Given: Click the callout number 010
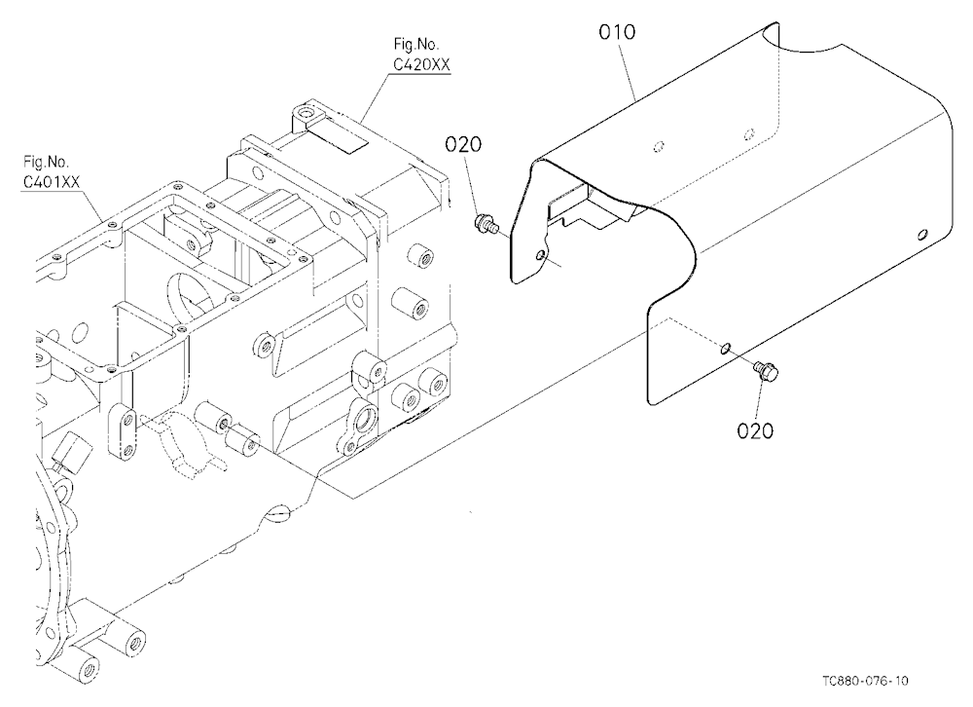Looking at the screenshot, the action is click(617, 32).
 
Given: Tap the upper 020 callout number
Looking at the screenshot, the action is click(463, 144).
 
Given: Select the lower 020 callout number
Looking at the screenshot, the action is click(755, 430).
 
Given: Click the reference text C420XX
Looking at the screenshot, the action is click(421, 64).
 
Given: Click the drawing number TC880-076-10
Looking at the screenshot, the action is click(865, 681).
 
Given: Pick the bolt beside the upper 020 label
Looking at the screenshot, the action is click(486, 223).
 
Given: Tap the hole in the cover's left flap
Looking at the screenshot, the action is click(542, 255).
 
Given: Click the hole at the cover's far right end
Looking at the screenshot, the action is click(922, 235).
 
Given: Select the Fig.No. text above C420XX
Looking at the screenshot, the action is click(415, 44).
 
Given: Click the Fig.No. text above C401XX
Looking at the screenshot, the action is click(46, 163).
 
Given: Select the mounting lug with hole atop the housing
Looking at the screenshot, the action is click(307, 117).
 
